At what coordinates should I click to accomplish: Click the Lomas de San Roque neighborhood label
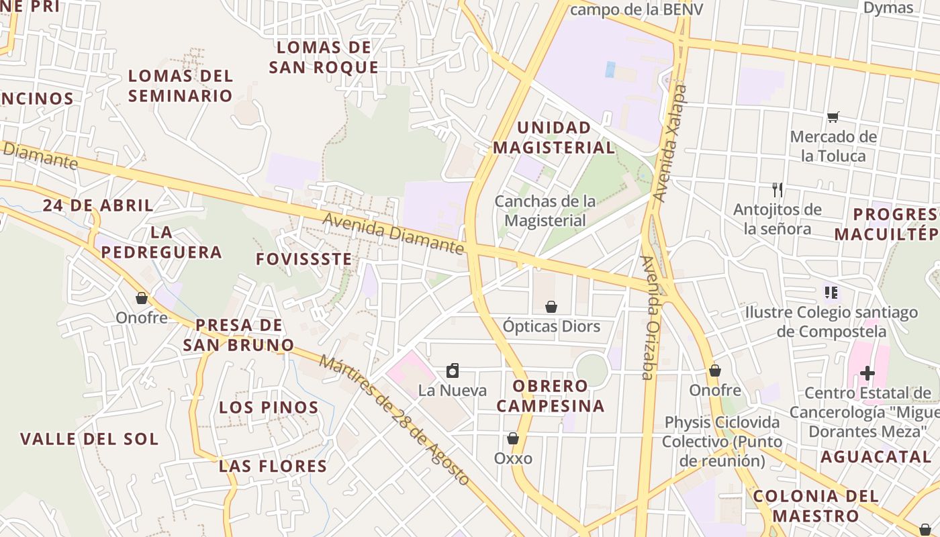coord(324,57)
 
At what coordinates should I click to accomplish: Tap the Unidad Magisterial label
coord(554,138)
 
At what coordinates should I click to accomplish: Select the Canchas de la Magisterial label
coord(545,211)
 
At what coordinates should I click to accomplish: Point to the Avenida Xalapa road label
coord(671,144)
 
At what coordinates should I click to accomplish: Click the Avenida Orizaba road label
coord(649,317)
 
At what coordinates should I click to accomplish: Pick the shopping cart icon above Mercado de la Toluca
coord(833,117)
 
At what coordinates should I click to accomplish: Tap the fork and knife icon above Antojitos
coord(778,189)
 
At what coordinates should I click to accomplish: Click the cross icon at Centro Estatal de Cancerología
coord(867,373)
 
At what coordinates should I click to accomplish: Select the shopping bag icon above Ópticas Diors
coord(551,307)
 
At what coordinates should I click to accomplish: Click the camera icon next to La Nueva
coord(453,371)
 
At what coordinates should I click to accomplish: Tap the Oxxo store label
coord(513,458)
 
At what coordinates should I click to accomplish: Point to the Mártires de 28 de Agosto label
coord(394,420)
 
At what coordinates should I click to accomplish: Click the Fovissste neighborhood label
coord(304,259)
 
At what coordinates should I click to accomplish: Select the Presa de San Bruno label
coord(238,335)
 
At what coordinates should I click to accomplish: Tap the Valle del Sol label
coord(89,440)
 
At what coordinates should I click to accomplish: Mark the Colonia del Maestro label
coord(815,506)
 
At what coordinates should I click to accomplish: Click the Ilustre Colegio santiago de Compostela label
coord(831,322)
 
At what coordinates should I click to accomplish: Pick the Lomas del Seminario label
coord(181,85)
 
